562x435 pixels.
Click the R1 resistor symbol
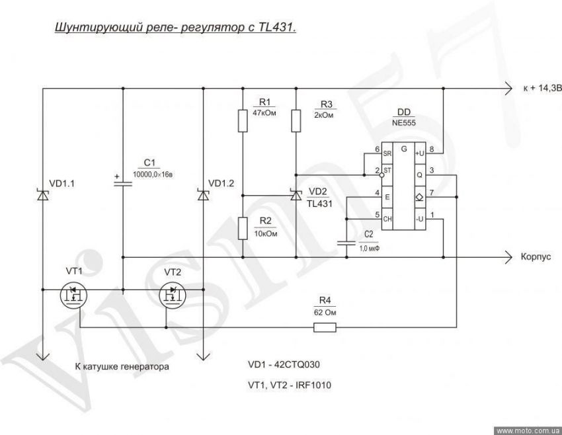[243, 121]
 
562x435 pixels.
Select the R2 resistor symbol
[243, 228]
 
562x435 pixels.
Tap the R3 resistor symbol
[296, 121]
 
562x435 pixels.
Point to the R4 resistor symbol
[325, 327]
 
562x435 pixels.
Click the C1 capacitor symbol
[123, 182]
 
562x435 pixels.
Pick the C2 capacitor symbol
[346, 243]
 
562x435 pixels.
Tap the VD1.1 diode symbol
[43, 194]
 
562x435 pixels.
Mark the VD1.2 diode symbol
[203, 194]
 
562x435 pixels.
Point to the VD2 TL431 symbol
[296, 194]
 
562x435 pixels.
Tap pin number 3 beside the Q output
[432, 171]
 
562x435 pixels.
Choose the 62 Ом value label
[325, 311]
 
